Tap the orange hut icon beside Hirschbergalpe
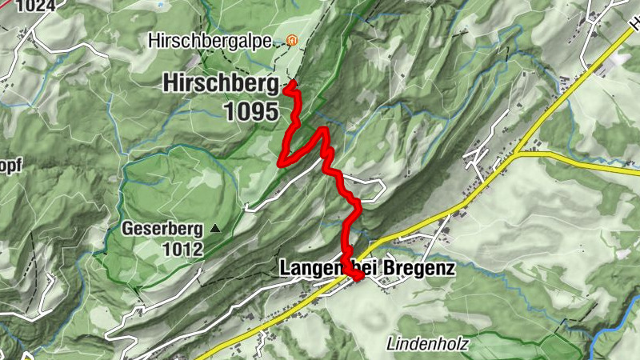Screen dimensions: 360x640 tap(292, 39)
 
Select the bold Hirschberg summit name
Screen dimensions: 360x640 tap(221, 82)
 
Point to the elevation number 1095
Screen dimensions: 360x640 tap(250, 111)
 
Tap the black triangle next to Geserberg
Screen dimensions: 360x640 tap(215, 229)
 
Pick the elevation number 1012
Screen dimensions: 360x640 tap(182, 250)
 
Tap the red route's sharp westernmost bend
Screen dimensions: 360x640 tap(281, 162)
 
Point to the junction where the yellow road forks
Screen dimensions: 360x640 tap(519, 151)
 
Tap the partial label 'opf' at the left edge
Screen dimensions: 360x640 tap(10, 166)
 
